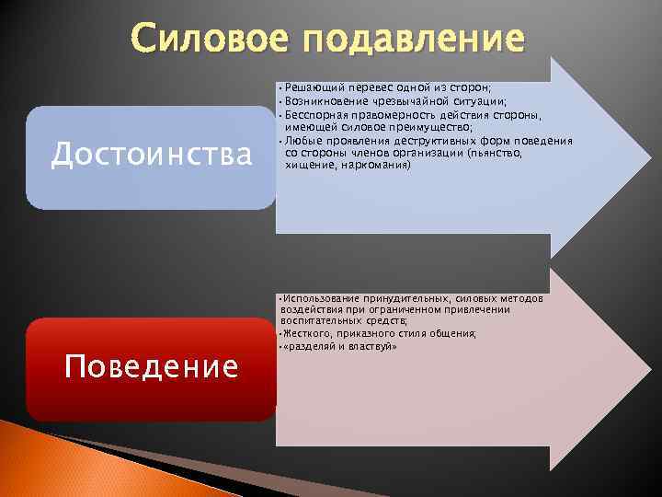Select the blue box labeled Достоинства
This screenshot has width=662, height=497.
tap(151, 156)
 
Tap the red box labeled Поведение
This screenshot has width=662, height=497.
tap(151, 368)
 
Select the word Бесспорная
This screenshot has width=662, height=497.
tap(316, 115)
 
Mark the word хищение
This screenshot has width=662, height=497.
tap(306, 166)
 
